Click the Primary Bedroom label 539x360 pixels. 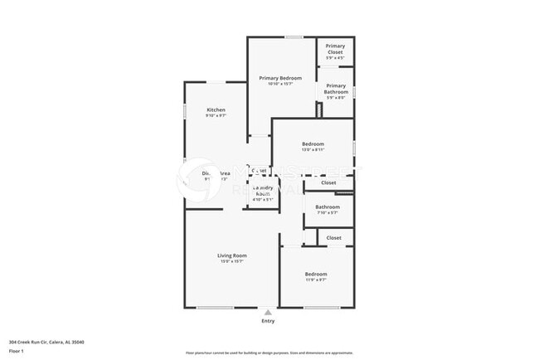click(x=280, y=78)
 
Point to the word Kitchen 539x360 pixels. click(x=216, y=110)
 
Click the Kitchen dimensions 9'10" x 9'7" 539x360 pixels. click(x=216, y=116)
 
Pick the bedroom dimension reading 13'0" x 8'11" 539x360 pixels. click(x=313, y=150)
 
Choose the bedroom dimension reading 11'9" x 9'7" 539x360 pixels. click(x=316, y=280)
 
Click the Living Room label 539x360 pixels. click(x=232, y=255)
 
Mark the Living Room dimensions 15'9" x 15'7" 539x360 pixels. click(x=232, y=262)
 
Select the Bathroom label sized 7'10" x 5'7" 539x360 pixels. click(x=328, y=207)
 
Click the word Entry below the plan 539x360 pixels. click(x=268, y=321)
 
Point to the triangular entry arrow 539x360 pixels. click(x=268, y=313)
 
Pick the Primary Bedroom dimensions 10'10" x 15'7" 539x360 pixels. click(x=280, y=84)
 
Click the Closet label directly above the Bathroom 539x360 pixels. click(x=328, y=182)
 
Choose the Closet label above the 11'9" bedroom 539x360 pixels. click(x=333, y=238)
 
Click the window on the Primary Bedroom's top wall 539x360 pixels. click(x=293, y=37)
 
